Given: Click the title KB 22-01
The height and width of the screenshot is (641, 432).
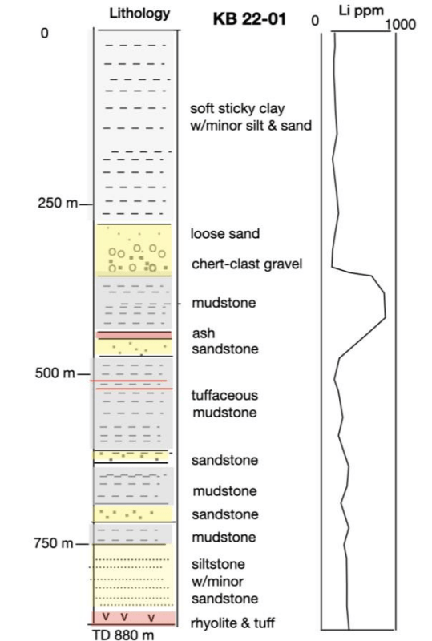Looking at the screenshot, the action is click(x=249, y=19).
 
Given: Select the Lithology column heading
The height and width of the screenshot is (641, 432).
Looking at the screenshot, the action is click(x=139, y=14).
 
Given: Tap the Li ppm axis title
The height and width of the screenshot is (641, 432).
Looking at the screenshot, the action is click(x=361, y=11).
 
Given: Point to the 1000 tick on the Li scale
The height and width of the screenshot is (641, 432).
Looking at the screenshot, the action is click(x=401, y=25).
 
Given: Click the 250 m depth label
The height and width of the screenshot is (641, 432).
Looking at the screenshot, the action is click(x=58, y=203).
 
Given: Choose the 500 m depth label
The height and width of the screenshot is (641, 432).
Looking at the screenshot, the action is click(x=55, y=373).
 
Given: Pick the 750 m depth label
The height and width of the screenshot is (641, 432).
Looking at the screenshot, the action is click(x=54, y=543).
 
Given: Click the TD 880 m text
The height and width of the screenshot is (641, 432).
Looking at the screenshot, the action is click(x=123, y=635).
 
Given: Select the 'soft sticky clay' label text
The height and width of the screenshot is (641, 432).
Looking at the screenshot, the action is click(x=237, y=109).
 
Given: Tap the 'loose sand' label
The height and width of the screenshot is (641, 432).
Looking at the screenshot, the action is click(x=225, y=233).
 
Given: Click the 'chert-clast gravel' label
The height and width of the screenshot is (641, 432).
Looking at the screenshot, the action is click(x=247, y=264).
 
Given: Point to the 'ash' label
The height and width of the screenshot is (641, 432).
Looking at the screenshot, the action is click(x=204, y=333).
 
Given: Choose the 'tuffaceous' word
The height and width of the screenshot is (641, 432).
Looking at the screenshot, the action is click(x=224, y=395).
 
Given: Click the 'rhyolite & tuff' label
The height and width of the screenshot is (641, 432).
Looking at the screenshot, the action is click(x=232, y=623).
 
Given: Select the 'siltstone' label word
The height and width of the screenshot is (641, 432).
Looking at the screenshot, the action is click(x=218, y=564).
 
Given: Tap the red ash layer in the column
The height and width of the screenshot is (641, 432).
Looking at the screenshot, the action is click(x=134, y=335).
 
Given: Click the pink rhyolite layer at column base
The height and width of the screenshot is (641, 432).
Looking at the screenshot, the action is click(x=134, y=618).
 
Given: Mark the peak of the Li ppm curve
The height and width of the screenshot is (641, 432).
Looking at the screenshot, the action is click(x=386, y=316).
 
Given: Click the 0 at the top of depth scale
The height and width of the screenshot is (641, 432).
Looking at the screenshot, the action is click(x=44, y=33).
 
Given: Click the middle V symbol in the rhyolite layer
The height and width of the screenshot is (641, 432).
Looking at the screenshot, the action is click(x=124, y=616).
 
